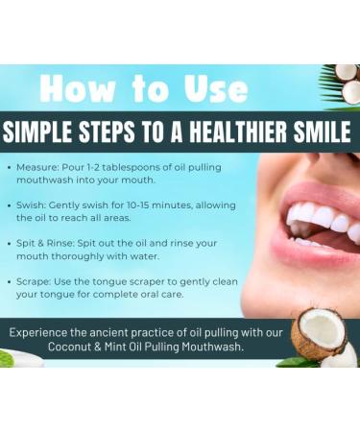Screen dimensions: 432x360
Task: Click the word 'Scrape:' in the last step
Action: pos(40,282)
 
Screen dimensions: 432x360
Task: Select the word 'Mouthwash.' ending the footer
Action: pos(215,348)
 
